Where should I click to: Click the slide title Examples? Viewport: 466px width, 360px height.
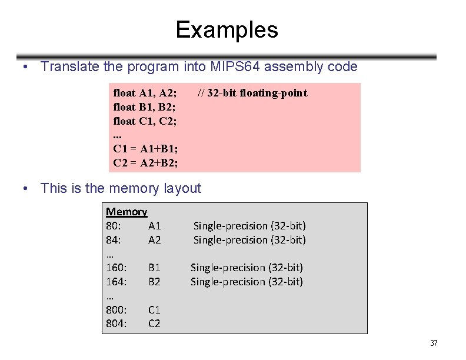coord(227,29)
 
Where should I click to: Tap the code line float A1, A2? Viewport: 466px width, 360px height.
coord(145,93)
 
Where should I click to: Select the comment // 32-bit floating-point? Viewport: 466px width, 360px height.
coord(252,93)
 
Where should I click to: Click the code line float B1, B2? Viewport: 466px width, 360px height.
coord(144,107)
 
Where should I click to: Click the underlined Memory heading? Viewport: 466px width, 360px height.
coord(126,212)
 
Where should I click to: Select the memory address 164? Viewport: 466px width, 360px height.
coord(116,282)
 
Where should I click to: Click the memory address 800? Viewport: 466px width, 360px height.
coord(116,309)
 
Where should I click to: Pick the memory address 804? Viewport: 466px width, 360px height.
coord(116,324)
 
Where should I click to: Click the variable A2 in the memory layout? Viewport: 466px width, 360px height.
coord(154,240)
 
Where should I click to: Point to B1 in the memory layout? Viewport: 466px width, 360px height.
coord(154,268)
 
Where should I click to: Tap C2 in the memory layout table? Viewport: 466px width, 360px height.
coord(154,324)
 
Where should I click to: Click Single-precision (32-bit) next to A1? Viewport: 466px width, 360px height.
coord(249,226)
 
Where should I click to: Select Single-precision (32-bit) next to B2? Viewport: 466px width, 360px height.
coord(247,282)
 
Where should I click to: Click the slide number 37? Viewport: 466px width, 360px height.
coord(434,344)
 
